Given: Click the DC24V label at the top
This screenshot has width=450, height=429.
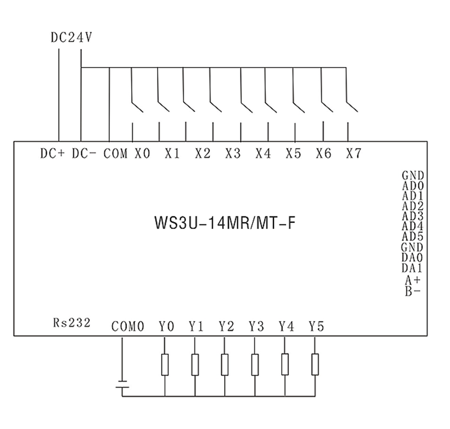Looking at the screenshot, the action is (x=71, y=38).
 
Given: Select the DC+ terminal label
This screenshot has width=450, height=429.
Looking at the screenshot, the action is (x=53, y=154).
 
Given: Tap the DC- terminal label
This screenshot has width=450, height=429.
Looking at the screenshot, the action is (x=84, y=154).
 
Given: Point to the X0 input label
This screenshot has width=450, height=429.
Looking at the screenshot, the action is (x=142, y=154).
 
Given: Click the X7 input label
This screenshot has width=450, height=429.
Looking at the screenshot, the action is (x=354, y=154).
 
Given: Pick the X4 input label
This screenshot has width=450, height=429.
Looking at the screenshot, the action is (x=263, y=154).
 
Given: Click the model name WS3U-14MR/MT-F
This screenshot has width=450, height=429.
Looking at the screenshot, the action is (x=225, y=223).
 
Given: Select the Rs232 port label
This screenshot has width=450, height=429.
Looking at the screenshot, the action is (x=72, y=323).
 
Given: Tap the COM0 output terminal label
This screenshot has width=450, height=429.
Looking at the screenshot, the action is (x=128, y=327).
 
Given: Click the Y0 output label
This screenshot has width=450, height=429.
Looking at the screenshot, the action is (x=166, y=327).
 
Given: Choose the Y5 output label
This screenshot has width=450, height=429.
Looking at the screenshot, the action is (x=317, y=327).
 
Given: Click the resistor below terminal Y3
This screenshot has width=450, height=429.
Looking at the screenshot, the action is (x=255, y=365).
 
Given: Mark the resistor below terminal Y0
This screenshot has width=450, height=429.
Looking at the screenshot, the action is (x=165, y=365).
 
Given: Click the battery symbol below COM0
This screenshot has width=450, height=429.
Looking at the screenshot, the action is (x=123, y=384).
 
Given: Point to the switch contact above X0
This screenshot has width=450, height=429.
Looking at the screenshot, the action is (x=137, y=106).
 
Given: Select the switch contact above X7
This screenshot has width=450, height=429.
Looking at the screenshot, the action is (x=352, y=106).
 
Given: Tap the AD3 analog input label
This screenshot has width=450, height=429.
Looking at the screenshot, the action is (x=413, y=216).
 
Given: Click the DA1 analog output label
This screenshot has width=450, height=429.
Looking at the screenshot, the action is (x=412, y=268).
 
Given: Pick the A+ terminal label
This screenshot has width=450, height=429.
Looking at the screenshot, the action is (x=413, y=279).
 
